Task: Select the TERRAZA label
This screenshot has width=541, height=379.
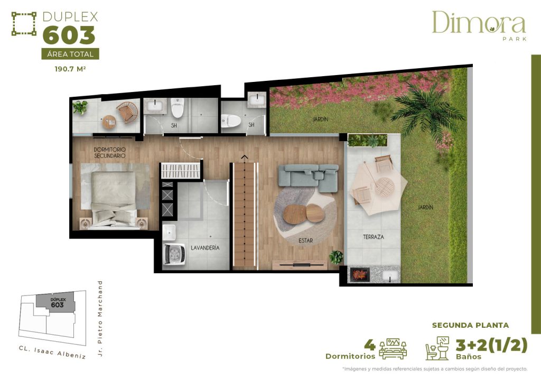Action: point(373,237)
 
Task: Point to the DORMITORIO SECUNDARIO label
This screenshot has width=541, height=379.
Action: point(110,153)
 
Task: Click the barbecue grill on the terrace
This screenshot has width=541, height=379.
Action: point(360,275)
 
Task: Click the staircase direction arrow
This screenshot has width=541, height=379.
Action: point(244,156)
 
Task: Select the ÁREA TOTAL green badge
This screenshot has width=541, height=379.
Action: point(70,54)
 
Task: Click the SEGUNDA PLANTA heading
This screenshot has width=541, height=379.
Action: point(470,325)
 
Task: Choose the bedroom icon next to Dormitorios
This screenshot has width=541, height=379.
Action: point(393,349)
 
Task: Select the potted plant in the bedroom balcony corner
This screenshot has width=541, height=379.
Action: point(80,107)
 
